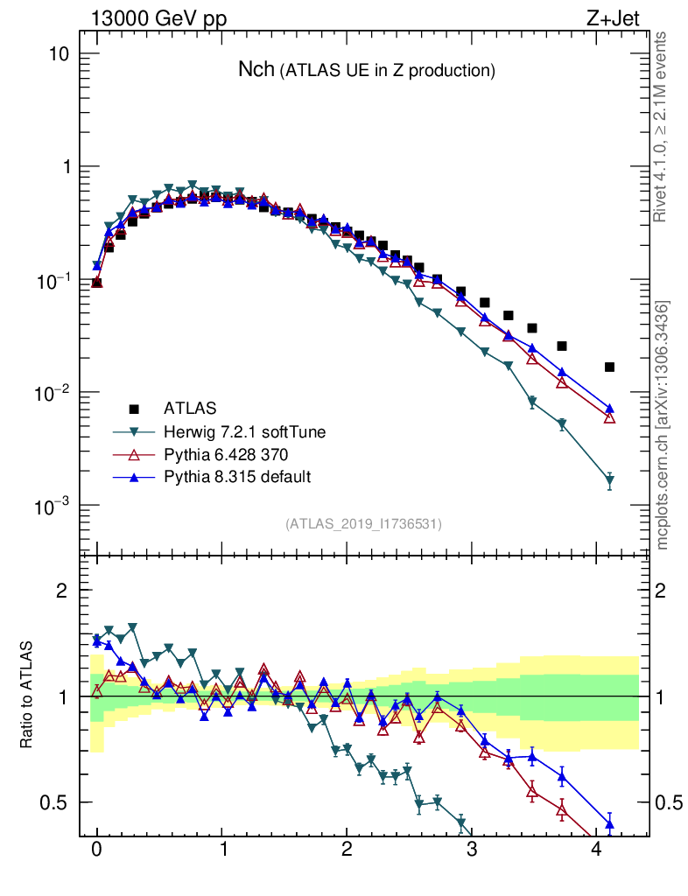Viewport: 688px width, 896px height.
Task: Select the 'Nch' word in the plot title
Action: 256,70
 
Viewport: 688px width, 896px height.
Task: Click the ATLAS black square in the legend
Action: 134,408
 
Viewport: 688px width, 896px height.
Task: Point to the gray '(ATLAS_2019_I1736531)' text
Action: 363,524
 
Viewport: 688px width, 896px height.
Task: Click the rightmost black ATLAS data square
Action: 610,367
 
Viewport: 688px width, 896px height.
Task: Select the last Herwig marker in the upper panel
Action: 610,480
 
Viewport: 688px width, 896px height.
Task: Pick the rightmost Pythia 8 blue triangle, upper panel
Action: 610,409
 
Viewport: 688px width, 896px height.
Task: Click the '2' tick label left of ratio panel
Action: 61,591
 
